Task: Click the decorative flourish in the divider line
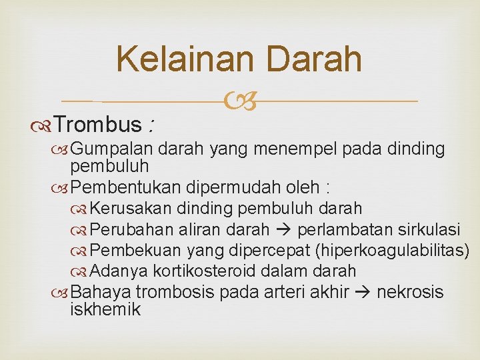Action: (239, 101)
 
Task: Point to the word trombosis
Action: (178, 292)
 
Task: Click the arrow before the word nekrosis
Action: (363, 293)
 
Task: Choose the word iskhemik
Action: (105, 309)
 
